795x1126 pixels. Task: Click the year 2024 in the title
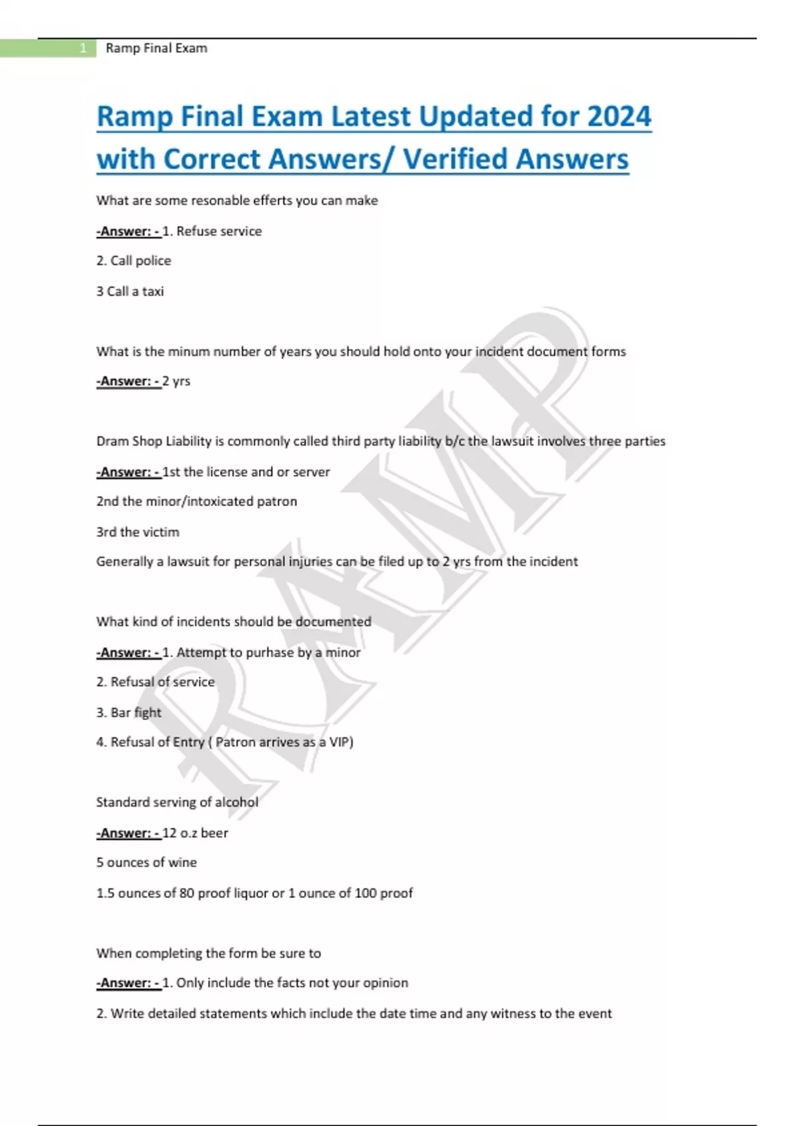[619, 117]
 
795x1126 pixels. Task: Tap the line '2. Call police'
[134, 261]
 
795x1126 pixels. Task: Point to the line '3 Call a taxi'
[130, 291]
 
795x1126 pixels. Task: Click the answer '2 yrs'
[176, 382]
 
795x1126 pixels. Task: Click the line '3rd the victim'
[138, 532]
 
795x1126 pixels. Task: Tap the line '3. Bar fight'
[129, 713]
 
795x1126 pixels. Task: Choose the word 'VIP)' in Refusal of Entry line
[341, 742]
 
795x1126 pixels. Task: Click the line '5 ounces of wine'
[146, 862]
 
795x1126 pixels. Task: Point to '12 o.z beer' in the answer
[195, 833]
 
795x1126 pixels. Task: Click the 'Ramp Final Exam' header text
[156, 48]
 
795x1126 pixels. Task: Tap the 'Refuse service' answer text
[219, 232]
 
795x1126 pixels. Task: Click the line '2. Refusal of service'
[156, 682]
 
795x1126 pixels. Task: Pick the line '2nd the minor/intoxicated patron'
[197, 501]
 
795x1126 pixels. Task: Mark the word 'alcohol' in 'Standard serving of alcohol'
[237, 803]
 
